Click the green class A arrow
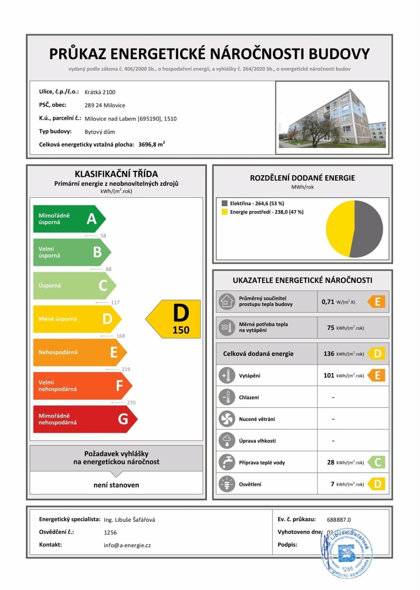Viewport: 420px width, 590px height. [x=68, y=219]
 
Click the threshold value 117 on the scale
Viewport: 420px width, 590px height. [x=115, y=302]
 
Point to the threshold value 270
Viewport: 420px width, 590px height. [x=131, y=403]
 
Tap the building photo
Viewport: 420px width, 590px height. [x=332, y=118]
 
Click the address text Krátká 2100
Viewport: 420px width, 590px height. [x=100, y=92]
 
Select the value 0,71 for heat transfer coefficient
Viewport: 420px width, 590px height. [x=328, y=302]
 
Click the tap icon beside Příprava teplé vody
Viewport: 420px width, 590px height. [x=227, y=462]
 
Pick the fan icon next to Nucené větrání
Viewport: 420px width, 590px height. [x=227, y=419]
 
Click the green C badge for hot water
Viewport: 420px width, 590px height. [x=377, y=462]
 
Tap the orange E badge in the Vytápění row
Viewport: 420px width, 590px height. [x=377, y=375]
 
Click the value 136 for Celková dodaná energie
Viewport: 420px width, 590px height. [x=329, y=354]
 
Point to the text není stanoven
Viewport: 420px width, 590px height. [x=116, y=485]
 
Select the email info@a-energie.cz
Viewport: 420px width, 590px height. [x=127, y=545]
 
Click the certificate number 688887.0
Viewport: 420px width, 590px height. [x=339, y=520]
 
